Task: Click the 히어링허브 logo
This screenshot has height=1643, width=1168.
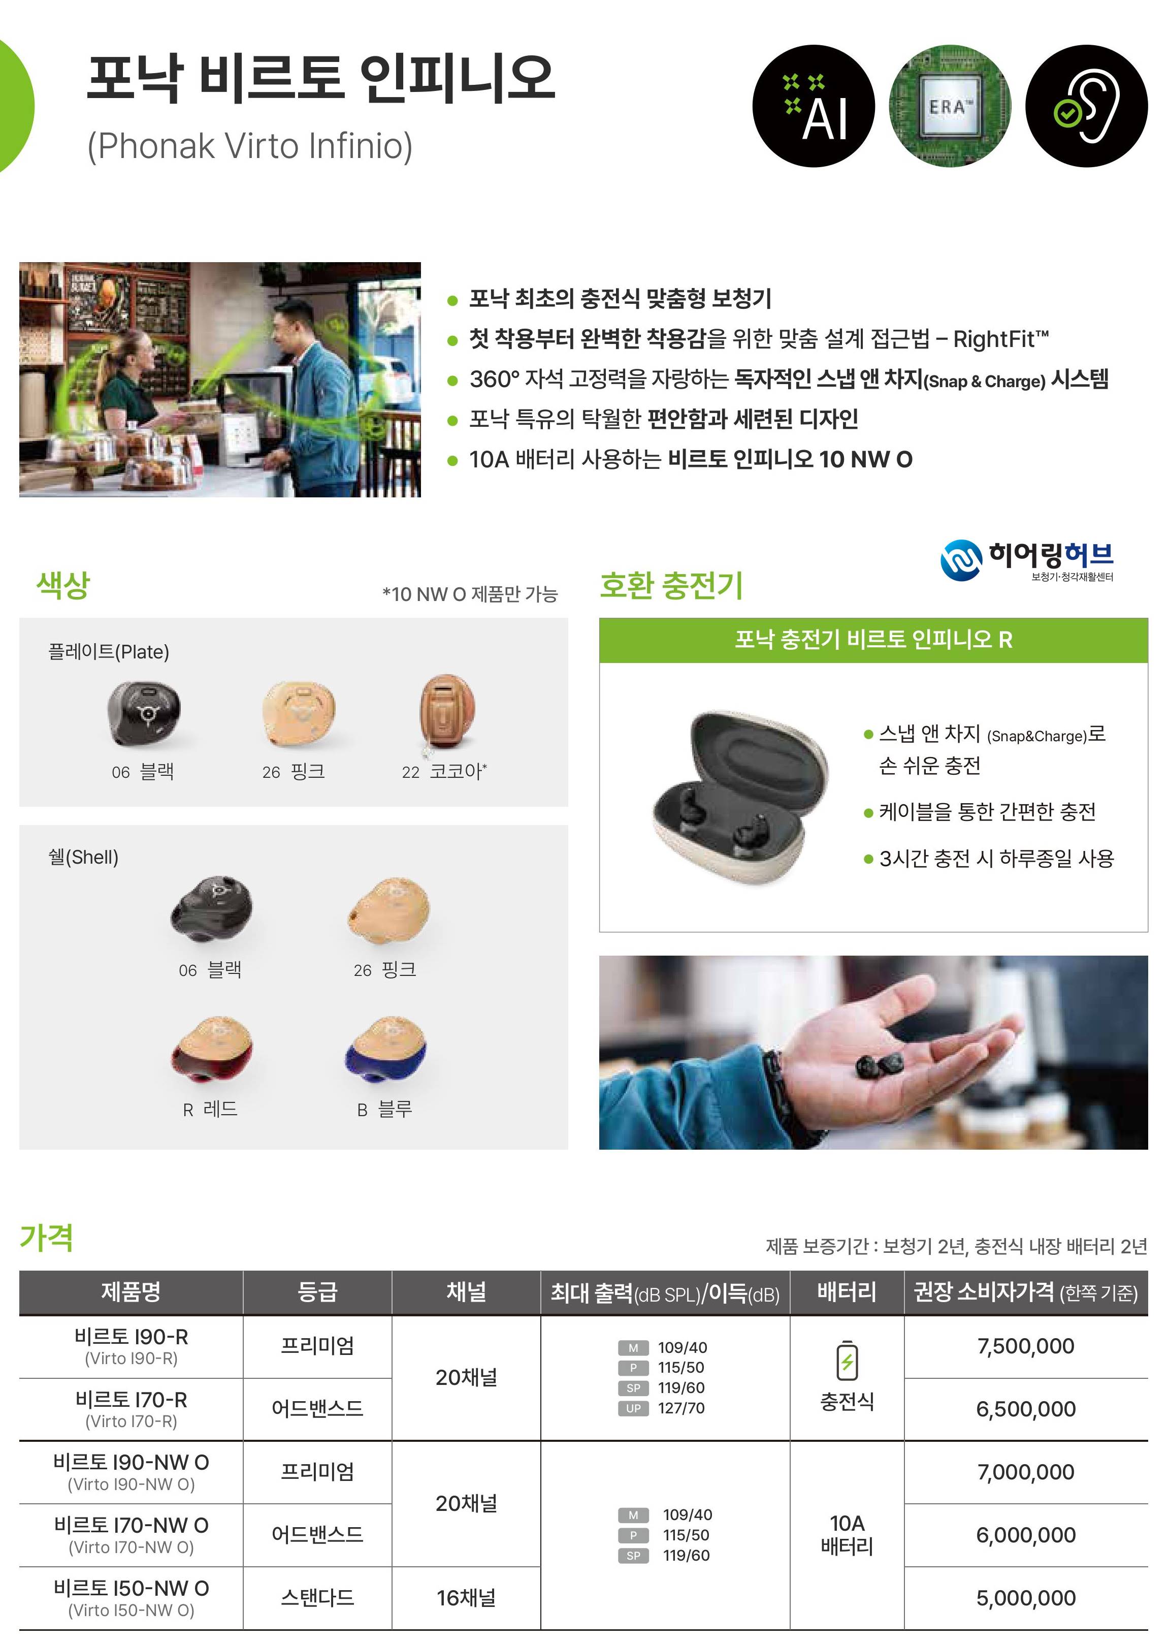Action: (1027, 560)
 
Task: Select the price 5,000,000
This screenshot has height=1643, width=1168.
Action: (1026, 1598)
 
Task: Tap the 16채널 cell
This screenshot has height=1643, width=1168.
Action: (466, 1598)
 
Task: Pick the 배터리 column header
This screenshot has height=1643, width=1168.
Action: (847, 1292)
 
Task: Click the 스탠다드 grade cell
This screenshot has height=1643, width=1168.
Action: (317, 1598)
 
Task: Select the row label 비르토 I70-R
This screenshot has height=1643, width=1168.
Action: (131, 1400)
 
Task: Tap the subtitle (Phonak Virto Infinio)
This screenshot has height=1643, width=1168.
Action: (249, 146)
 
